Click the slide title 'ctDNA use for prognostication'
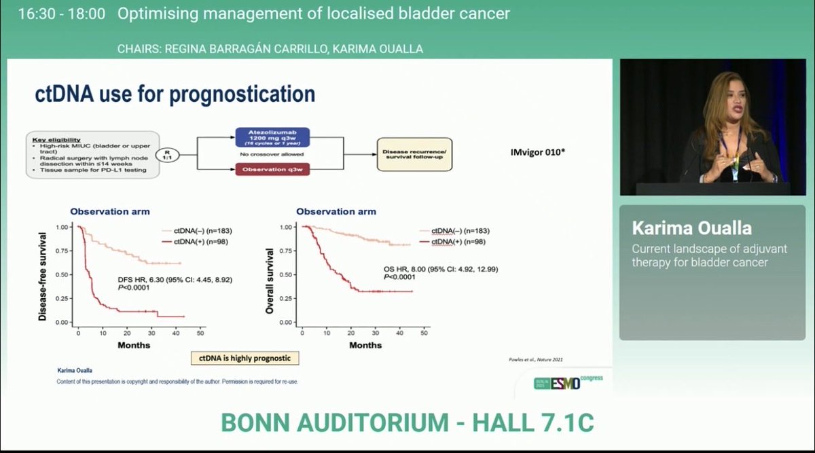(x=175, y=94)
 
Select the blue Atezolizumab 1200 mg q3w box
(x=273, y=138)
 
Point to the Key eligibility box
(x=92, y=156)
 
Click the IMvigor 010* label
(x=537, y=153)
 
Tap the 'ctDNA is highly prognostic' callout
(x=245, y=358)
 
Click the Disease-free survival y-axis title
(x=43, y=276)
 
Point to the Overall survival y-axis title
(x=270, y=279)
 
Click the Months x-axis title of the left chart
(x=133, y=345)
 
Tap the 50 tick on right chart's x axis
(x=424, y=333)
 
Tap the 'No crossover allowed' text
(x=272, y=154)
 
